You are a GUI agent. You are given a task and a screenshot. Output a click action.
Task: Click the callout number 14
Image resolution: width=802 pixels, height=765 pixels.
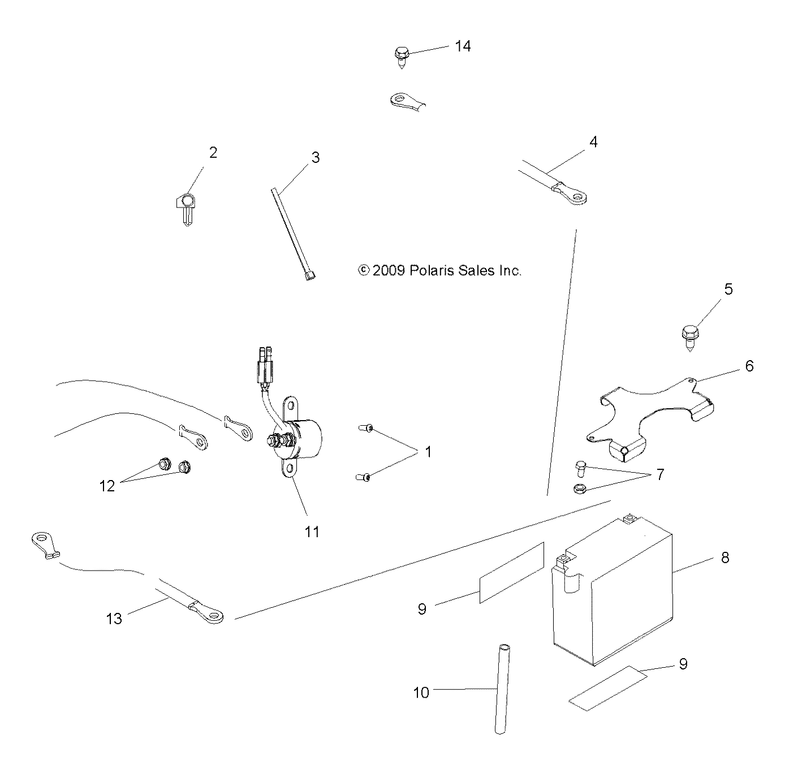[x=463, y=46]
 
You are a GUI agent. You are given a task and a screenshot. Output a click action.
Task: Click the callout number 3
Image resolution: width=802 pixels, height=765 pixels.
[x=315, y=158]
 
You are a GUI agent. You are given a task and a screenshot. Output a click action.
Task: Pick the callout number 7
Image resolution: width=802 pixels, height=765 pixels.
[x=659, y=474]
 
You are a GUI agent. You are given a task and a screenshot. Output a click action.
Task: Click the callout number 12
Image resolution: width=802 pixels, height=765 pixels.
[x=107, y=486]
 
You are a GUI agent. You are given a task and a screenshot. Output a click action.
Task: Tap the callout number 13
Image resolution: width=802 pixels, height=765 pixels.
[x=114, y=619]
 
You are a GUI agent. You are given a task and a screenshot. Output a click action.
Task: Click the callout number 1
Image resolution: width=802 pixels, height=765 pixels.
[x=428, y=452]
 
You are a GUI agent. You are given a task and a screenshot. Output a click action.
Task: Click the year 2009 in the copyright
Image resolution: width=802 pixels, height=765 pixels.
[x=389, y=271]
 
